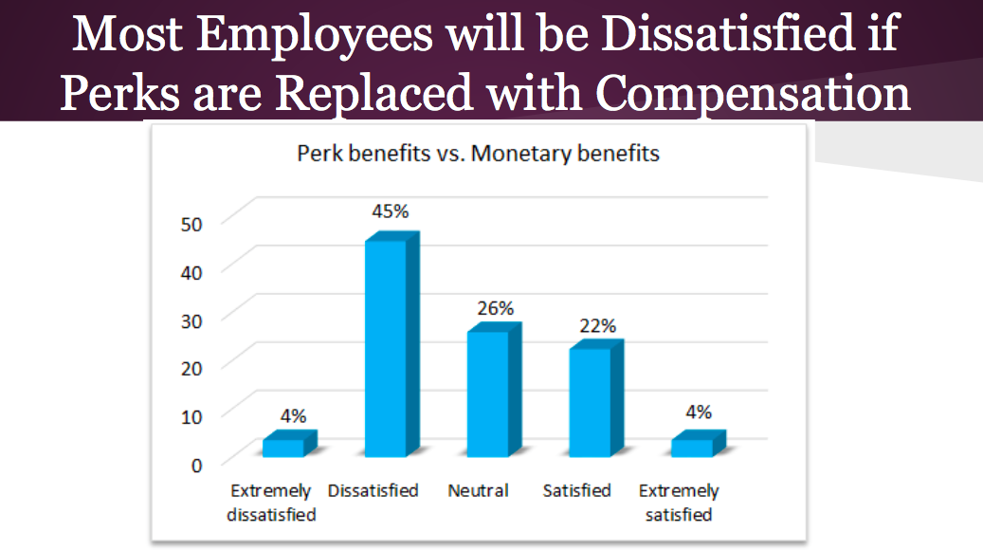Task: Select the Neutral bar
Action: coord(487,393)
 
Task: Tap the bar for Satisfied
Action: coord(590,402)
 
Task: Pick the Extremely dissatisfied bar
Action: coord(284,447)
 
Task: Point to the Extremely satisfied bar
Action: coord(693,447)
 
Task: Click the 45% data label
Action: coord(391,211)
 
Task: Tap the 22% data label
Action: coord(598,325)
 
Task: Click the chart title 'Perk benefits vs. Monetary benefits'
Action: coord(479,153)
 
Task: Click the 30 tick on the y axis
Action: coord(192,320)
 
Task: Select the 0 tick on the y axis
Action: coord(197,465)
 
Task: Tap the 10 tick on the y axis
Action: coord(192,416)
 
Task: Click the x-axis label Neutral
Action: coord(478,490)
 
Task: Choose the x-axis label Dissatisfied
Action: coord(373,490)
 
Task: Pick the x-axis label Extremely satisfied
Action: coord(678,503)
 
